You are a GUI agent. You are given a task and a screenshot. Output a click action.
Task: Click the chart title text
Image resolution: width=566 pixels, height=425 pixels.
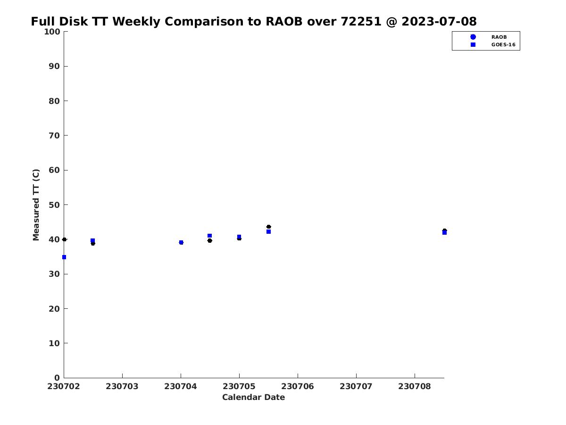coord(254,22)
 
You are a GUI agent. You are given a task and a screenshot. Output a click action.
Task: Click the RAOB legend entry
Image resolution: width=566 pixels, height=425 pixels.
coord(499,37)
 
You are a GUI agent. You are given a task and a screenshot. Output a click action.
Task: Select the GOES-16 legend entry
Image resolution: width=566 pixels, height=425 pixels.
coord(503,45)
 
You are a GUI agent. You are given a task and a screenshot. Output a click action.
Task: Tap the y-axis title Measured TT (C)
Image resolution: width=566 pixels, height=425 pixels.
coord(36,205)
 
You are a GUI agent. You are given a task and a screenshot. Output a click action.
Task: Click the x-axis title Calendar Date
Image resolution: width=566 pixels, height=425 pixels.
coord(253,398)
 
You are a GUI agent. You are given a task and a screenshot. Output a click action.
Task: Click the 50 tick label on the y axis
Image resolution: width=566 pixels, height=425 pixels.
coord(55,205)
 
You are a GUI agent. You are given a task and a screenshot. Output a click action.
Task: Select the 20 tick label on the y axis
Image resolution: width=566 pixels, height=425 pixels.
coord(55,309)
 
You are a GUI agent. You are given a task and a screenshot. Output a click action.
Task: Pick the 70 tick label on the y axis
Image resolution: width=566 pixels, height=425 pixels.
coord(55,136)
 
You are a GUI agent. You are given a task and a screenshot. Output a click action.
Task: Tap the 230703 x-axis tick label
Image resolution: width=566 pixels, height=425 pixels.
coord(122,386)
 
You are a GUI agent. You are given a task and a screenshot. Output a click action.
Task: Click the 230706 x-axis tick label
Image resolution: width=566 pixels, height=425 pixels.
coord(298,386)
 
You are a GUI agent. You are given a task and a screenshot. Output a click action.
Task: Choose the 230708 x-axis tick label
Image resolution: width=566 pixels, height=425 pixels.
coord(415,386)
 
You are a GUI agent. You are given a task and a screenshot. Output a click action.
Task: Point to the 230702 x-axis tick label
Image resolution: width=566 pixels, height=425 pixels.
coord(64,386)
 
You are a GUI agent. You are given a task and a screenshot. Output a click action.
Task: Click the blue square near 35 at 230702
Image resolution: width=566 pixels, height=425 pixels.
coord(64,257)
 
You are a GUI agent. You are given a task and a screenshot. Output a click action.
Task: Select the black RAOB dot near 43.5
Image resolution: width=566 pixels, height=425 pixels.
coord(268,227)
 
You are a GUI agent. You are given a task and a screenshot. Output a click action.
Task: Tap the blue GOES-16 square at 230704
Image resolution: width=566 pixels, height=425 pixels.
coord(181,242)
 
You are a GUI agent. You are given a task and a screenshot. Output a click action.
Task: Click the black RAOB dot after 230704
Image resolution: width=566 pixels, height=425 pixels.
coord(210,240)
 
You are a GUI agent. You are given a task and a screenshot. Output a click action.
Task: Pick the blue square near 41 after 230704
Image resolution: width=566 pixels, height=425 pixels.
coord(210,236)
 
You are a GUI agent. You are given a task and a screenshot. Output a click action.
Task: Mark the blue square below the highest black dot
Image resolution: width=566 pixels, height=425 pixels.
coord(268,232)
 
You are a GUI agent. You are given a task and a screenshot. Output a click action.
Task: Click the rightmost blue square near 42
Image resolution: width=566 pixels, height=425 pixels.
coord(444,233)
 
